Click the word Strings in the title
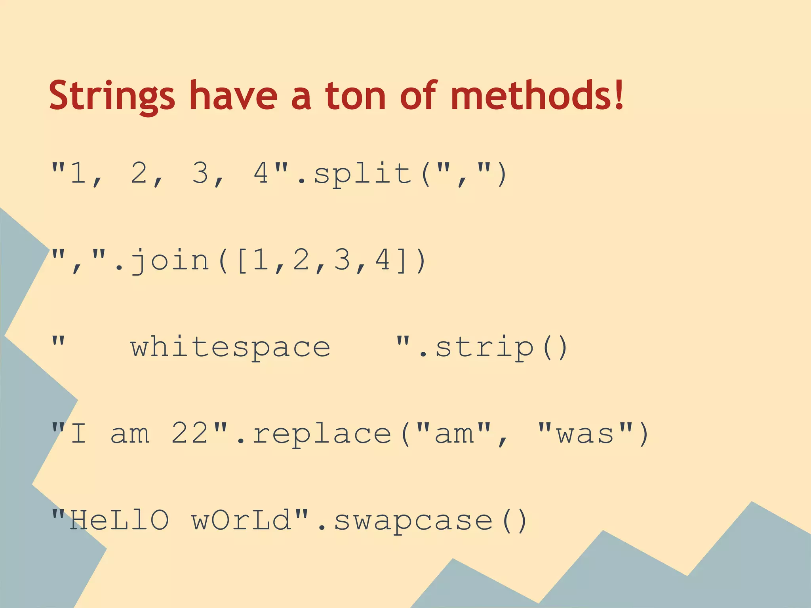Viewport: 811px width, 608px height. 112,96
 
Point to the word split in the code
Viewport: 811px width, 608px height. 362,174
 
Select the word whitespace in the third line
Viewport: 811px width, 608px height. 230,348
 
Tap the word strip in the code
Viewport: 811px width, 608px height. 485,348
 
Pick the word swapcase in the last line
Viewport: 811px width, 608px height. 413,521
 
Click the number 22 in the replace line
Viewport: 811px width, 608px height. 190,433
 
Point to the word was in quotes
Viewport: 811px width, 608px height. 586,434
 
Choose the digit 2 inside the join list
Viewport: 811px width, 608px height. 301,260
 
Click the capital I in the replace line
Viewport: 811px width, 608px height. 78,433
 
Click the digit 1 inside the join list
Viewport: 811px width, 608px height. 261,260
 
